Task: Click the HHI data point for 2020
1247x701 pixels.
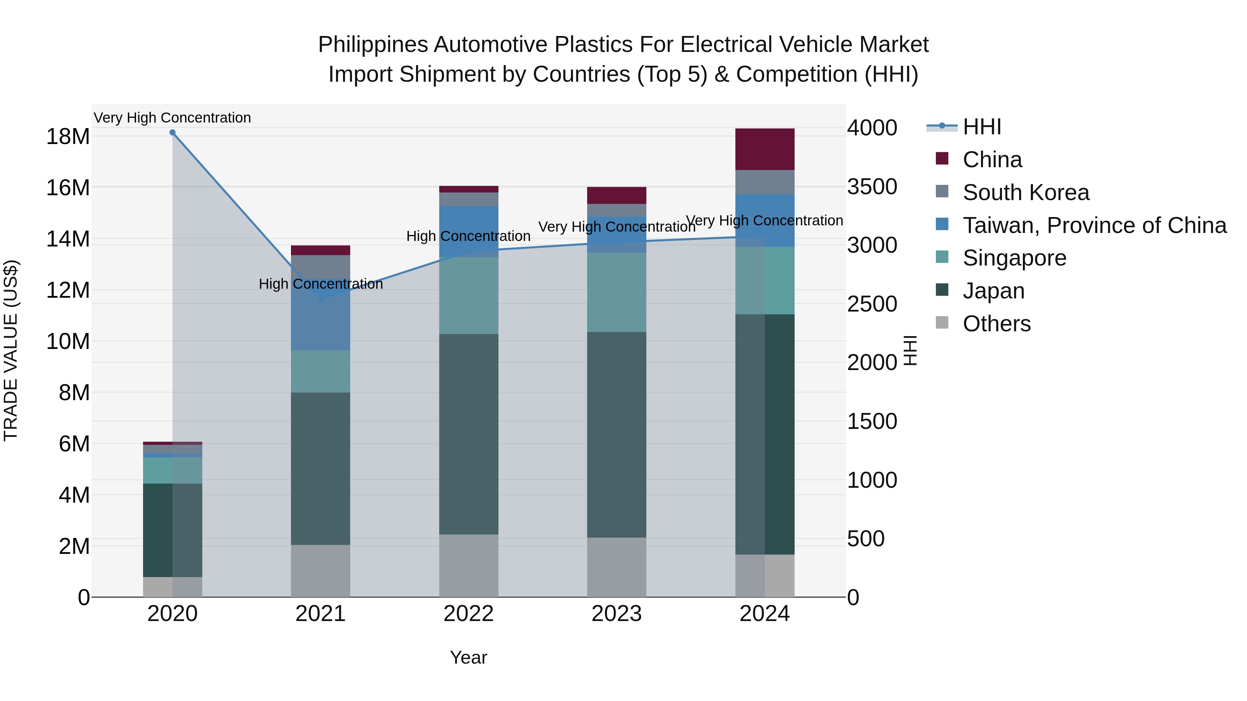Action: click(x=173, y=133)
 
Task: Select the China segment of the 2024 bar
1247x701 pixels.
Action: click(x=765, y=149)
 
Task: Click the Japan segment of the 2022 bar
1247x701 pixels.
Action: click(x=469, y=434)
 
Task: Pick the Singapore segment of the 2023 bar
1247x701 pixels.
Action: click(x=617, y=292)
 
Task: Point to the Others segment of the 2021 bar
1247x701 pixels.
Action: click(x=320, y=571)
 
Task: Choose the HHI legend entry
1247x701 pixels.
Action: click(x=981, y=127)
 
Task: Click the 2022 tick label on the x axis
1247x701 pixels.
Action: click(x=469, y=614)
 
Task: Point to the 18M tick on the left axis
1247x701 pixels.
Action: click(x=68, y=136)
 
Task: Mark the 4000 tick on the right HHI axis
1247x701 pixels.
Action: click(x=872, y=128)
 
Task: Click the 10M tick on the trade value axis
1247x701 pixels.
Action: click(x=68, y=342)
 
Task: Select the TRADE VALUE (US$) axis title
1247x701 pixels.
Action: click(x=11, y=350)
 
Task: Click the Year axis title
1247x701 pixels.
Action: click(x=469, y=657)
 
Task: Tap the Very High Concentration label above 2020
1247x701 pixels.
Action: click(x=173, y=118)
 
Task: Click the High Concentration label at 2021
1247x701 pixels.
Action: click(x=320, y=284)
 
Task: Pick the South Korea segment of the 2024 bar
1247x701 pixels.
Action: click(x=765, y=182)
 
